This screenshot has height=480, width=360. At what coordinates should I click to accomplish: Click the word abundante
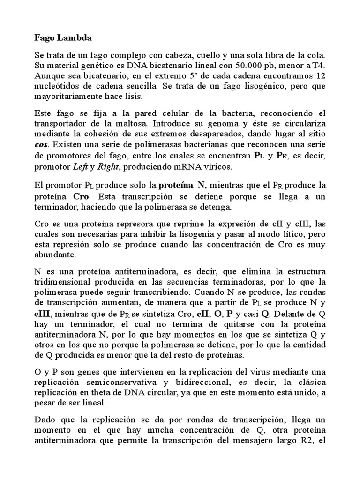click(x=54, y=255)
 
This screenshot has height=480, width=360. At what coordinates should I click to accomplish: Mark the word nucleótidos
click(x=59, y=87)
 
